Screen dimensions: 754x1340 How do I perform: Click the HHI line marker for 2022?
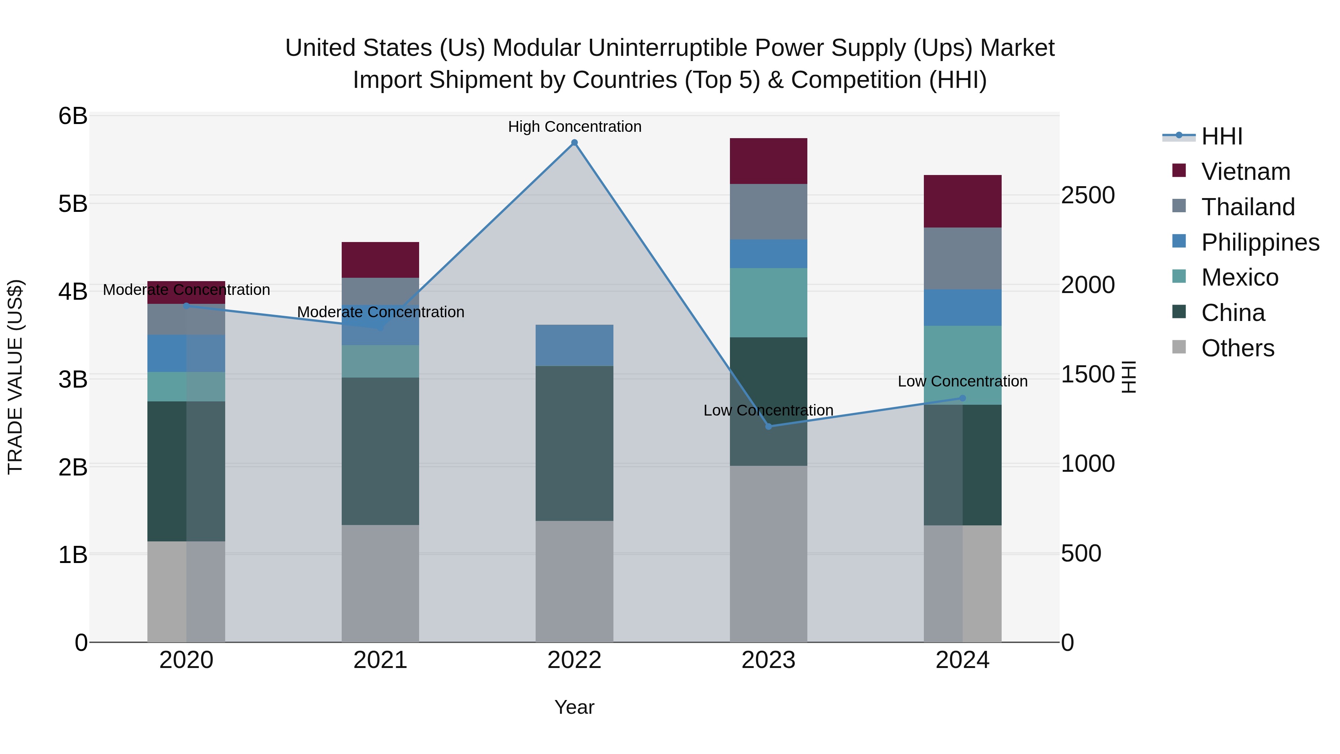[574, 143]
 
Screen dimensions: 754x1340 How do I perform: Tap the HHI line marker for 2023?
[768, 426]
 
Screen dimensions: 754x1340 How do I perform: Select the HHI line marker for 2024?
[962, 398]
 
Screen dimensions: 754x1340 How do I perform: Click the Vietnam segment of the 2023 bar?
[768, 161]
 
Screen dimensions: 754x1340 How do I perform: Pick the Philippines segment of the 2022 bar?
[574, 345]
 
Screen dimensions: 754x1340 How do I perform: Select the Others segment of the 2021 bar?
[380, 583]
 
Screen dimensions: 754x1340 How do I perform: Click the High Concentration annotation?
[574, 127]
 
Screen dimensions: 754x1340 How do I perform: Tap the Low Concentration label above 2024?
[962, 381]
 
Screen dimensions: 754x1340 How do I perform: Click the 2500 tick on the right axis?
[1088, 195]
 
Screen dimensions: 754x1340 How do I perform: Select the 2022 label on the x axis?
[574, 660]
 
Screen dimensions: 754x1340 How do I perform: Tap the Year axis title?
[574, 707]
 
